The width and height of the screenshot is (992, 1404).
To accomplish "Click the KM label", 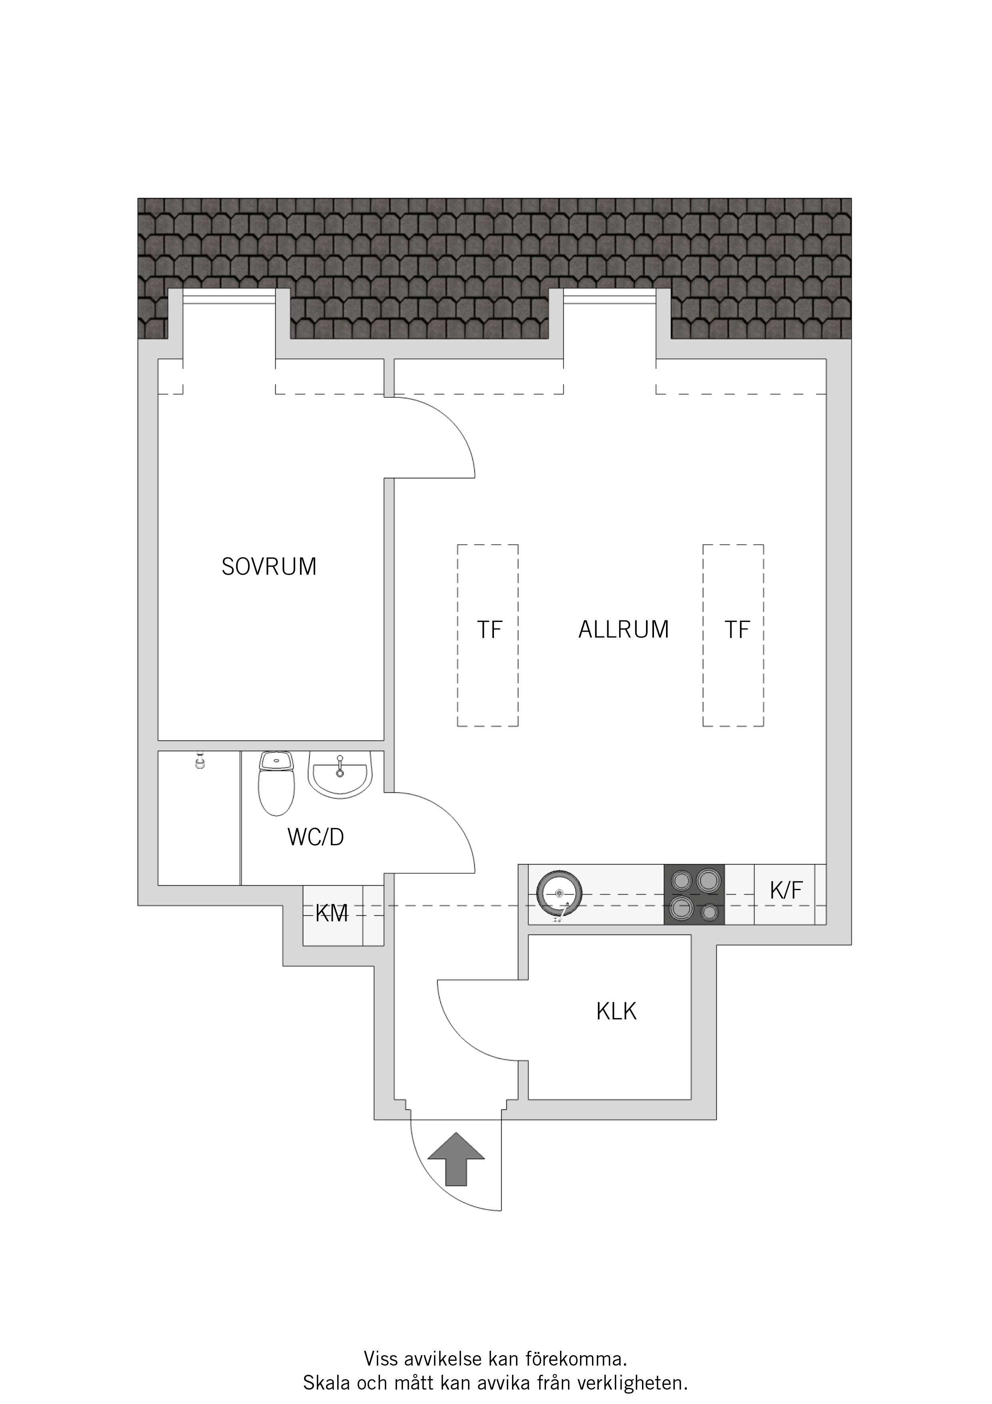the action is [332, 914].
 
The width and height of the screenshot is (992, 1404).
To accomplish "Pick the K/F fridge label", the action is [786, 891].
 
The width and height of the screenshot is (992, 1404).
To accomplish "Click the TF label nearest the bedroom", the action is [490, 630].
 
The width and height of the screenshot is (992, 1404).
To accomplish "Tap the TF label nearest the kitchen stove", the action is [737, 630].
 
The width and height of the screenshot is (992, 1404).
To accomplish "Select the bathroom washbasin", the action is [340, 774].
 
